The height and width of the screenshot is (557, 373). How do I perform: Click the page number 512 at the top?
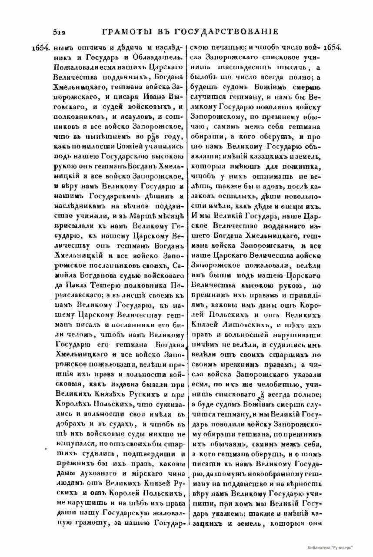coord(58,31)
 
